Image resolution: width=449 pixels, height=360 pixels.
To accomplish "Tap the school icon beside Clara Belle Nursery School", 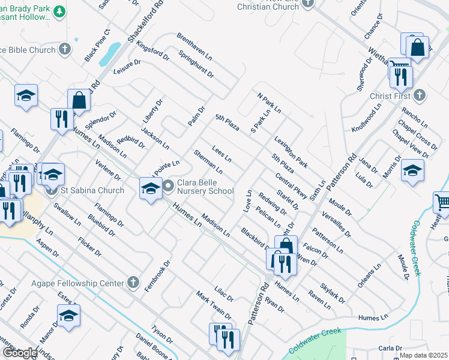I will pyautogui.click(x=149, y=188).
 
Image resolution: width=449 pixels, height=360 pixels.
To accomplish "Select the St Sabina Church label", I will pyautogui.click(x=92, y=191).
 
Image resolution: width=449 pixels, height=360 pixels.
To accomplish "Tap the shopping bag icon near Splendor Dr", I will pyautogui.click(x=79, y=100).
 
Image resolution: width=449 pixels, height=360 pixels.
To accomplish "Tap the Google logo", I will pyautogui.click(x=20, y=353).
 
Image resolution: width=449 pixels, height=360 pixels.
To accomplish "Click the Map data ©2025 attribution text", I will pyautogui.click(x=423, y=355).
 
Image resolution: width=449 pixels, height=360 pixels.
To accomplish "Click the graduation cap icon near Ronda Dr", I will pyautogui.click(x=68, y=315).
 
